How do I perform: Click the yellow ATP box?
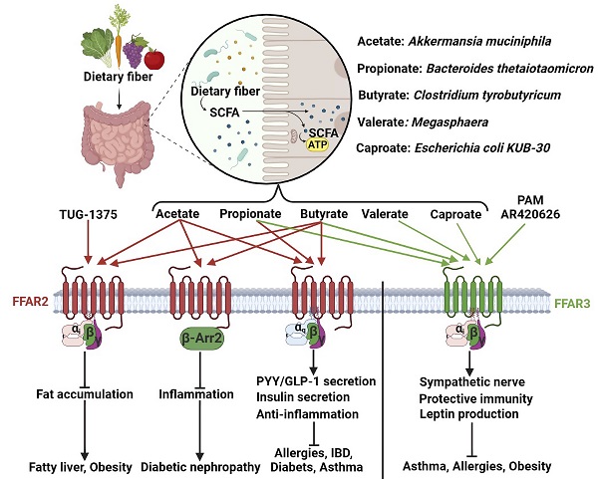point(318,144)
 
